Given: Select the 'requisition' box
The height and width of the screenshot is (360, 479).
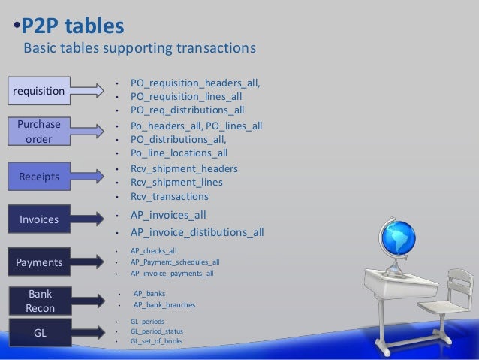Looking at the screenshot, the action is pyautogui.click(x=38, y=90).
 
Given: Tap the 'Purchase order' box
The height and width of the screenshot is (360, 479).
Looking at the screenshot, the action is pyautogui.click(x=38, y=132).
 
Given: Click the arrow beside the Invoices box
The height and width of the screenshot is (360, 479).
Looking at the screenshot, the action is pyautogui.click(x=89, y=219).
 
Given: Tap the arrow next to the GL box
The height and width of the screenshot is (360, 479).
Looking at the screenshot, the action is pyautogui.click(x=89, y=331).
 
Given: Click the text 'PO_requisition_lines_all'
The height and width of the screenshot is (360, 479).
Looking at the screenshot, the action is pyautogui.click(x=185, y=96).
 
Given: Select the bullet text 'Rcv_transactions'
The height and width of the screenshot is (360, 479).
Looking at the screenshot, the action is pyautogui.click(x=169, y=196).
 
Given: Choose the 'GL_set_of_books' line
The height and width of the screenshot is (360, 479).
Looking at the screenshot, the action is pyautogui.click(x=155, y=340).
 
